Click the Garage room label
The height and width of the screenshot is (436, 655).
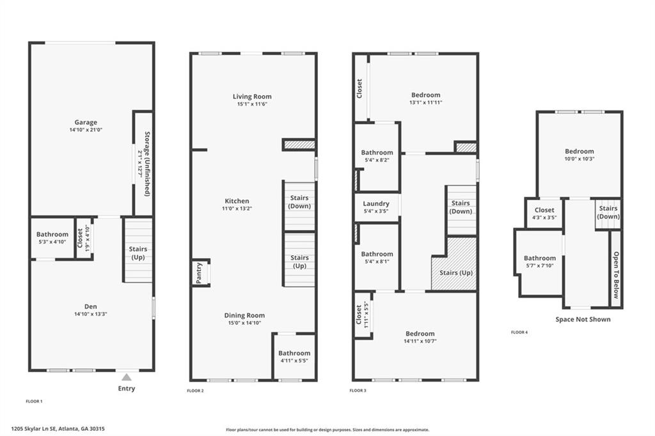pyautogui.click(x=86, y=122)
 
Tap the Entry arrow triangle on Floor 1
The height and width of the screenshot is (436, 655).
pyautogui.click(x=127, y=377)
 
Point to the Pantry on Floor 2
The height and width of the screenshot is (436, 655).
pyautogui.click(x=199, y=273)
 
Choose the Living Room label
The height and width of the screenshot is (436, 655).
pyautogui.click(x=252, y=97)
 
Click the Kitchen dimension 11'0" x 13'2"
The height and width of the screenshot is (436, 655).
pyautogui.click(x=236, y=208)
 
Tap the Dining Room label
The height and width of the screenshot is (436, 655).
pyautogui.click(x=244, y=315)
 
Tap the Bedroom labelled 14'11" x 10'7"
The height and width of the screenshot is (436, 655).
pyautogui.click(x=419, y=337)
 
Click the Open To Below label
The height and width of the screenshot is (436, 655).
pyautogui.click(x=616, y=275)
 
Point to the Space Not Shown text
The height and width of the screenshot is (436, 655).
pyautogui.click(x=583, y=319)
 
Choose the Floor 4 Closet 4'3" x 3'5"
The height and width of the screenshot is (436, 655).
pyautogui.click(x=544, y=213)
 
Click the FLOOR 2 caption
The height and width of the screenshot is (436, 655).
pyautogui.click(x=195, y=391)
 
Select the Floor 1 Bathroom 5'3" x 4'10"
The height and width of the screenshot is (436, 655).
pyautogui.click(x=52, y=238)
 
